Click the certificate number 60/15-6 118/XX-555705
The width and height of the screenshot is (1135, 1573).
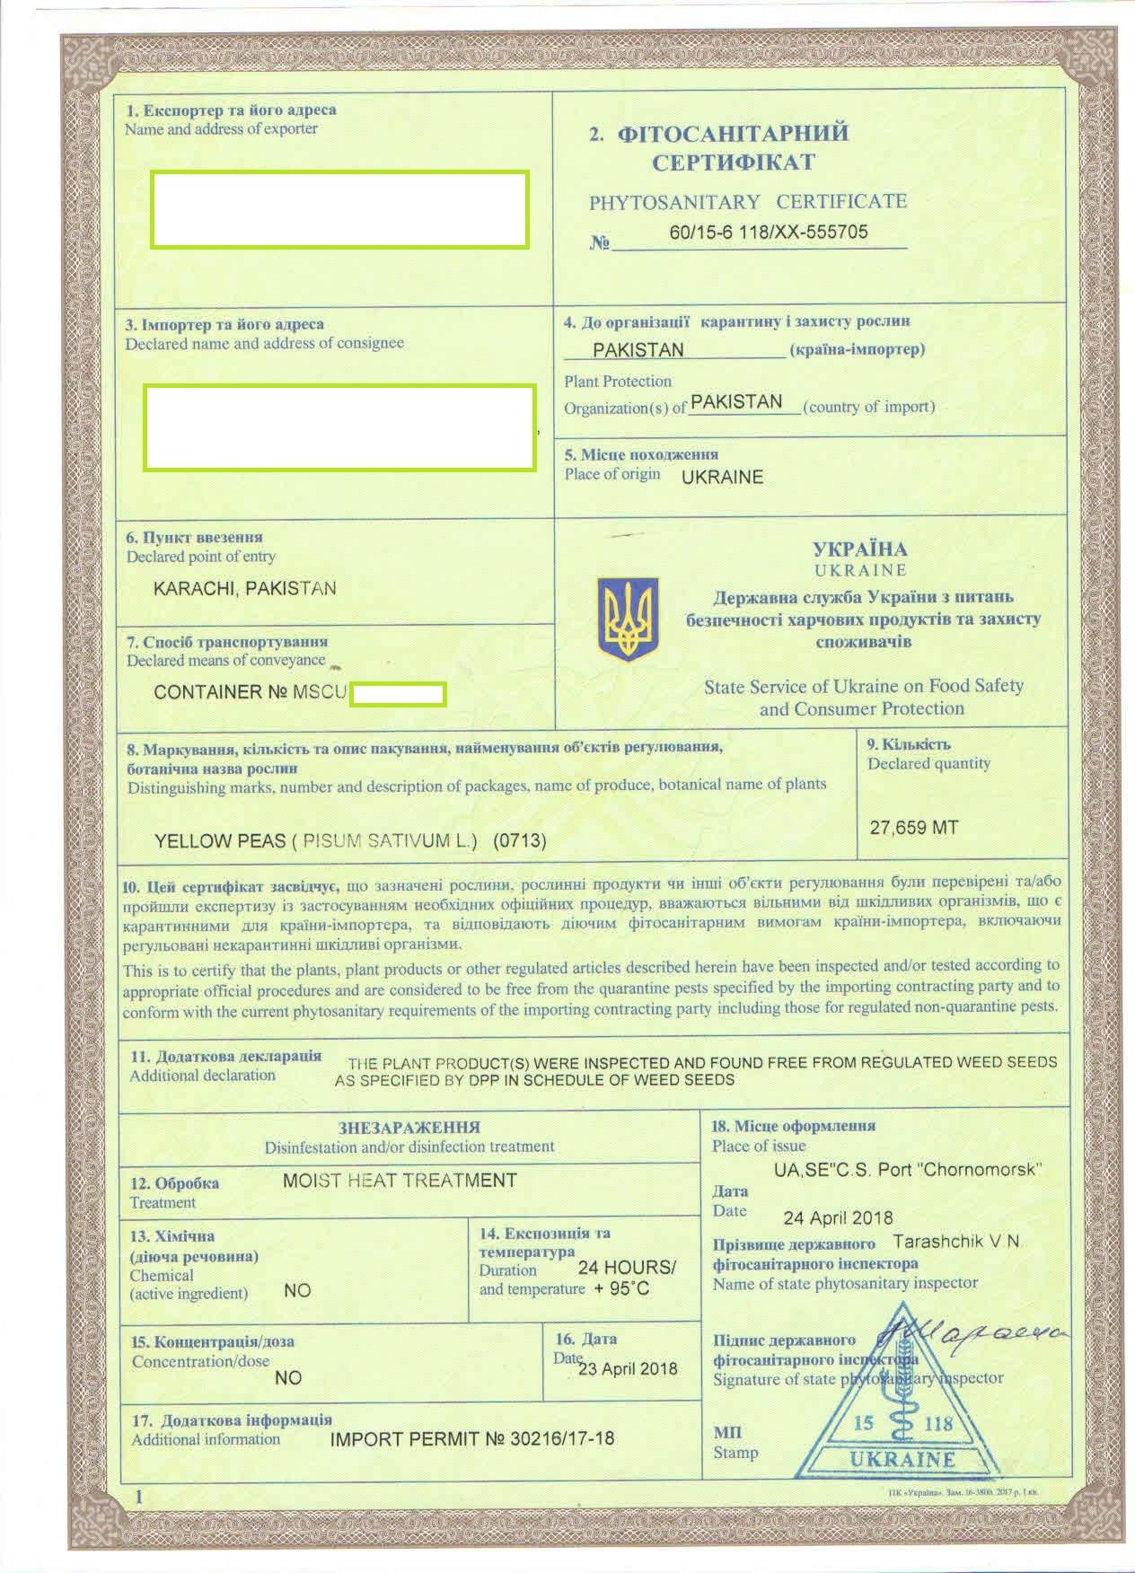pos(769,232)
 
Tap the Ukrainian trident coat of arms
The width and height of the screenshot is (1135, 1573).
pos(628,620)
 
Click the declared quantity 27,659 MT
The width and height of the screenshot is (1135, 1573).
pos(913,827)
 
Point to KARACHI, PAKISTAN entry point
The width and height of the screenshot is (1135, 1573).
pos(245,589)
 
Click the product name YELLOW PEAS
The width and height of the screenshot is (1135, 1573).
pos(219,841)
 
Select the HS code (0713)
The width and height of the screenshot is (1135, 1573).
pos(519,841)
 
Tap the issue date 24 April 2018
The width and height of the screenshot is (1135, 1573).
pos(838,1217)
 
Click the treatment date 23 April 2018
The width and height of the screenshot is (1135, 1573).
pos(628,1369)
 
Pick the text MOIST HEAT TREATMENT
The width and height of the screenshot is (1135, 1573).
pos(400,1181)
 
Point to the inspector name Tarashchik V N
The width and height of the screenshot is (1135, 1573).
pos(957,1242)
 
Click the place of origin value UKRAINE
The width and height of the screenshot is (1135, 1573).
pos(722,478)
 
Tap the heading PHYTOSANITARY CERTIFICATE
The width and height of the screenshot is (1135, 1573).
pos(747,202)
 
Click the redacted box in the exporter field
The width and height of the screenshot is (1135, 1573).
pos(339,208)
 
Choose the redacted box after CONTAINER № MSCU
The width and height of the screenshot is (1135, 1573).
pos(398,694)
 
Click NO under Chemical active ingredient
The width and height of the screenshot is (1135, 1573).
pos(296,1290)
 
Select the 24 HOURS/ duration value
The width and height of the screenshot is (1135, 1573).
pos(626,1267)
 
